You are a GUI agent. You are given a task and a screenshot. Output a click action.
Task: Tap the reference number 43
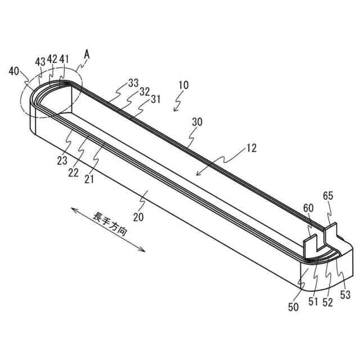click(40, 61)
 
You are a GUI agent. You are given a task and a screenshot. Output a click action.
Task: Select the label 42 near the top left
click(52, 60)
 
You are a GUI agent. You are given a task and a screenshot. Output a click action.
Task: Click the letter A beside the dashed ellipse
click(87, 54)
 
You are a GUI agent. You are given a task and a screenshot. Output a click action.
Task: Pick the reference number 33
click(133, 83)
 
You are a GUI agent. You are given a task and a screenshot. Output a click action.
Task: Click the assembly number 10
click(183, 85)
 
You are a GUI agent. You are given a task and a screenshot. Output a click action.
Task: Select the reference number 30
click(197, 122)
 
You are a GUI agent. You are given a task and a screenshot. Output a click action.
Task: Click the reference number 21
click(90, 179)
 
